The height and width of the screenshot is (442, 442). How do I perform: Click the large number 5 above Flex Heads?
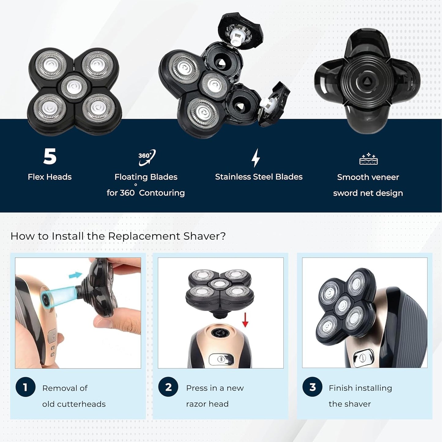coord(50,156)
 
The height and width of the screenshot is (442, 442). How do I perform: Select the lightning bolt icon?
coord(256,158)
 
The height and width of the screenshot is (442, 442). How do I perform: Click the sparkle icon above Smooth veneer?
coord(368,159)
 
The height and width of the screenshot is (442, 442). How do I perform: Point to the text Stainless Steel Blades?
coord(258,177)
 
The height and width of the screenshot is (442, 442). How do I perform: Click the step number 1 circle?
coord(25,387)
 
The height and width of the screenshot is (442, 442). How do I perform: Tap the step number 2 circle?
coord(168,387)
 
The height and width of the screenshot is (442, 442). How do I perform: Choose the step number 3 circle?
coord(312,387)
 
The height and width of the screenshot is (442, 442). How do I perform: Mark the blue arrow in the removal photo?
coord(76,275)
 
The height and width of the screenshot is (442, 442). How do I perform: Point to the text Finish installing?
coord(360,388)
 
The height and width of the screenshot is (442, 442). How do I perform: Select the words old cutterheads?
coord(74,404)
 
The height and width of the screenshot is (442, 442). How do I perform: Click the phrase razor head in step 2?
coord(207,404)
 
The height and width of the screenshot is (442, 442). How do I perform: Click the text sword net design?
coord(368,193)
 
